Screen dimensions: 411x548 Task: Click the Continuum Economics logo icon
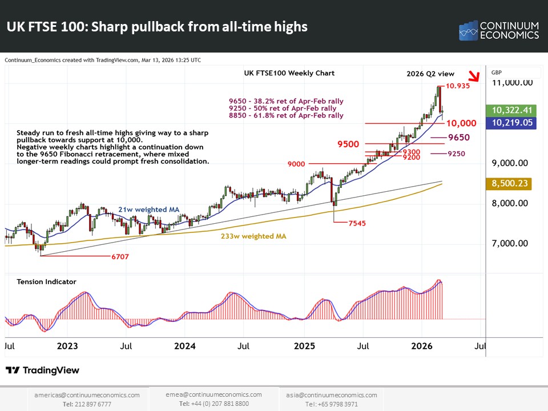coord(468,31)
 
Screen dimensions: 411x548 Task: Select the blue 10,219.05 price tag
coord(508,122)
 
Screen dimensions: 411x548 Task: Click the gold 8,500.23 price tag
coord(508,184)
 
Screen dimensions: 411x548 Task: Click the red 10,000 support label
coord(461,123)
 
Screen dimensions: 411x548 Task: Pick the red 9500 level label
coord(348,144)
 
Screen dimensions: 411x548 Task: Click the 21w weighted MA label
coord(148,209)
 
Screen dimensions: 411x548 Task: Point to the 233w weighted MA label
coord(253,235)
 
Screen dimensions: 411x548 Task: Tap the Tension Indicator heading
coord(46,281)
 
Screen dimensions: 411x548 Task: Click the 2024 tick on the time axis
coord(185,346)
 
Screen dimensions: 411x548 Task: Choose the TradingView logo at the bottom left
coord(42,370)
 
